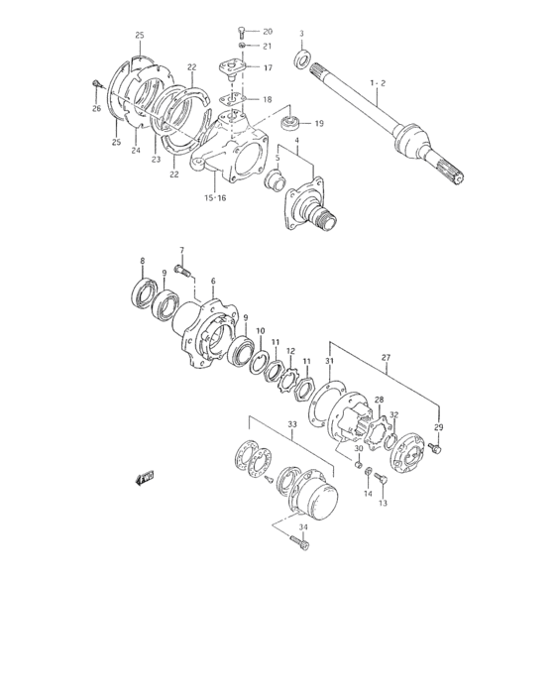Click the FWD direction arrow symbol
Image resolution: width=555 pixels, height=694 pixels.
[145, 478]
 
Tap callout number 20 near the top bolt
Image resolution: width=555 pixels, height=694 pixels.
[268, 32]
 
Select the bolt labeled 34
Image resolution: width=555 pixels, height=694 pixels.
[299, 541]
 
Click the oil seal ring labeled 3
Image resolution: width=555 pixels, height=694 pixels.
[302, 59]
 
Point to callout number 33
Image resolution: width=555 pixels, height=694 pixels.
[292, 424]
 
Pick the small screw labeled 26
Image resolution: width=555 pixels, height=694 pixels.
[97, 83]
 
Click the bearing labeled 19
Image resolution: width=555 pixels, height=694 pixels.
[290, 123]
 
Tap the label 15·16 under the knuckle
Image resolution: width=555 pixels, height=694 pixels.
[215, 198]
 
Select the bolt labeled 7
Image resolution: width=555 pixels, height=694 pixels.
[183, 270]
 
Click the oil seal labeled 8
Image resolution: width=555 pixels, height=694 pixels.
[145, 292]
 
